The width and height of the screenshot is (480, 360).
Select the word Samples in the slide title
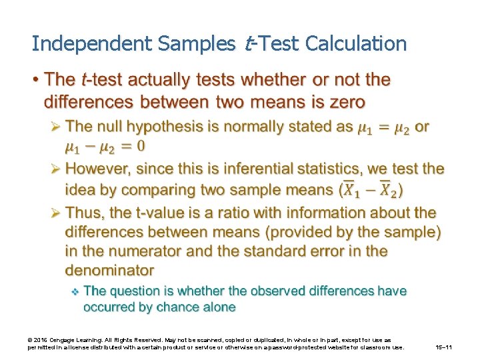196,44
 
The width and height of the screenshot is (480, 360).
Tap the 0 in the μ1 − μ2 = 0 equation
141,145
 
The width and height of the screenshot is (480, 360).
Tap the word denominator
109,271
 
